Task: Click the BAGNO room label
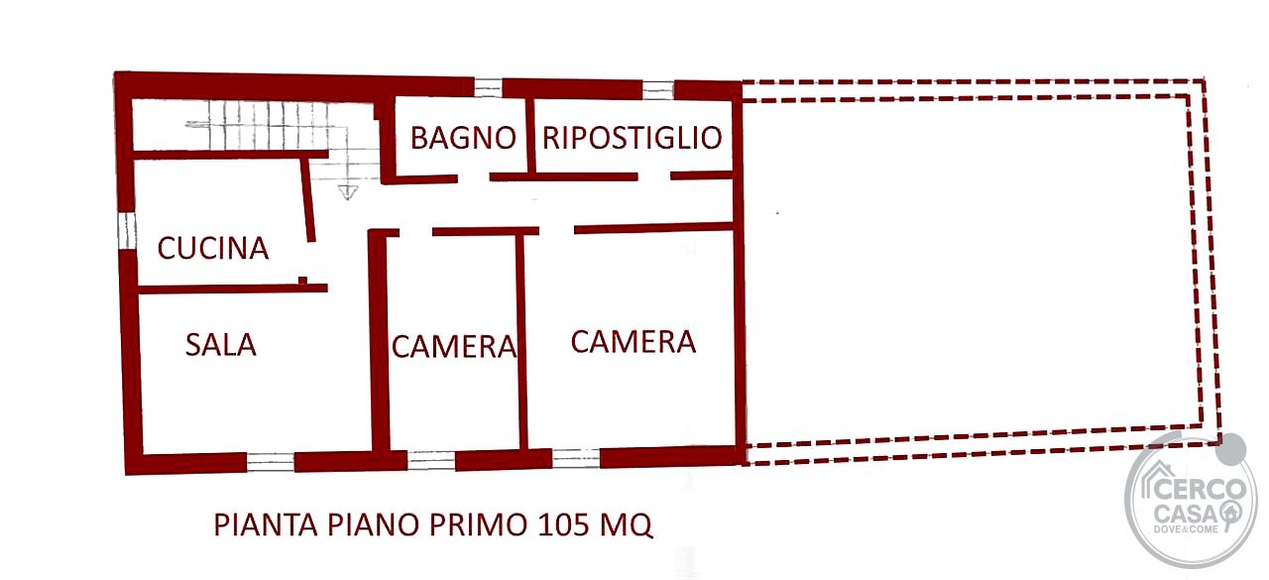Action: pos(463,138)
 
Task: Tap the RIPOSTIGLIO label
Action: pos(633,138)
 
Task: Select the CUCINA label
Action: pos(212,248)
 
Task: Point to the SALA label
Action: pos(220,345)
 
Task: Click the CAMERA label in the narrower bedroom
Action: pos(454,347)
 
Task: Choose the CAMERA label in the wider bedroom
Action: pos(633,341)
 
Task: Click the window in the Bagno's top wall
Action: pos(488,88)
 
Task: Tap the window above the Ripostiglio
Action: pos(657,90)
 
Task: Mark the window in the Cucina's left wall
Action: pos(127,231)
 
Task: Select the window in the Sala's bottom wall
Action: pos(271,462)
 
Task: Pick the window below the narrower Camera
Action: pos(431,460)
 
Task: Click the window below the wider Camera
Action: pos(576,458)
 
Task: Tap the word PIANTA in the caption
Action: pos(266,525)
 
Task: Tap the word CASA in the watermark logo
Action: pos(1185,515)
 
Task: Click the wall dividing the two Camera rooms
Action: pos(522,342)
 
